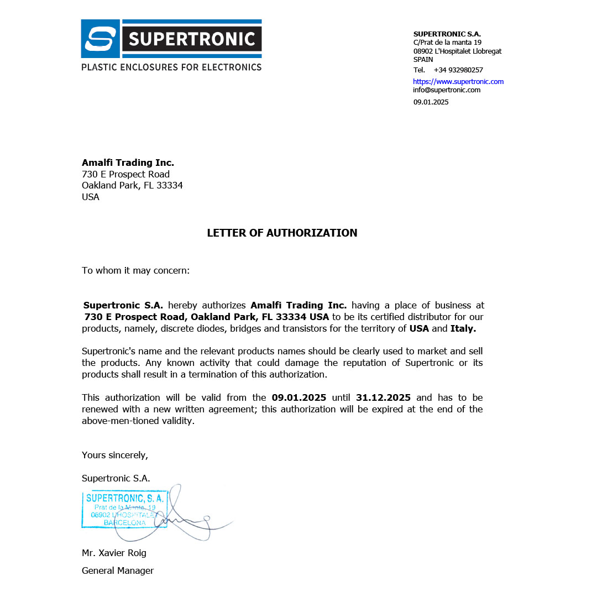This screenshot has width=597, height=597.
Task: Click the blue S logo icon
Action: (x=100, y=39)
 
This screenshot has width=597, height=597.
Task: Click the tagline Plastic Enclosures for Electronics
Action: (x=171, y=67)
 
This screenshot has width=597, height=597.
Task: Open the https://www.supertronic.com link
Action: (x=458, y=81)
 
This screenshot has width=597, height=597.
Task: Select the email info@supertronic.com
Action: (x=447, y=90)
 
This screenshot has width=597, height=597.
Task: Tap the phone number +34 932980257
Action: (x=458, y=70)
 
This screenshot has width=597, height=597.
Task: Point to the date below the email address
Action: (x=431, y=102)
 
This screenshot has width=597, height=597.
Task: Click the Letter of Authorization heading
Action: (x=282, y=233)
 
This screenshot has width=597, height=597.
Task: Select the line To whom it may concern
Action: (x=136, y=270)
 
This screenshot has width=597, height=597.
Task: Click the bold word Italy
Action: (x=463, y=328)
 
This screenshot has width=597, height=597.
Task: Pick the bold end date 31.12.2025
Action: (x=383, y=397)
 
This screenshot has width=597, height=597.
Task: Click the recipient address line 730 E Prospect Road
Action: (x=125, y=174)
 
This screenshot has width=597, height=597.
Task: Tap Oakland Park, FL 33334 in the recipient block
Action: (x=132, y=185)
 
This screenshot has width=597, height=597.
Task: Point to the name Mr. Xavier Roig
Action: (x=114, y=553)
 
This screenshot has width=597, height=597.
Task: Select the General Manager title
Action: (x=118, y=570)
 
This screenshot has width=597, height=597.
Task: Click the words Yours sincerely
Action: (x=115, y=455)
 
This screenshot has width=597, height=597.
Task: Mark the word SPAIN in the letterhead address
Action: (x=423, y=59)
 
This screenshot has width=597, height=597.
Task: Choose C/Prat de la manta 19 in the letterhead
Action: (x=447, y=42)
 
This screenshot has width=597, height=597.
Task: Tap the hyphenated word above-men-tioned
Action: (x=138, y=421)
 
